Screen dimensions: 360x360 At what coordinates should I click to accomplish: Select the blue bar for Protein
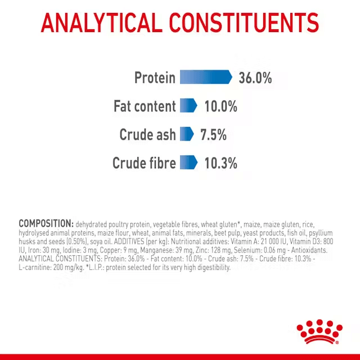point(205,77)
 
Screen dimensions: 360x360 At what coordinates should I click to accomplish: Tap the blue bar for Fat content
point(188,106)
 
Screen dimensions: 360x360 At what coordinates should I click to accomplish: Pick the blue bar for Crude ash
point(186,134)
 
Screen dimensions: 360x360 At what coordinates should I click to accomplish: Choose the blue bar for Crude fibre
point(188,163)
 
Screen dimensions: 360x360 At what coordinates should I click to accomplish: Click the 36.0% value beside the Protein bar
point(255,78)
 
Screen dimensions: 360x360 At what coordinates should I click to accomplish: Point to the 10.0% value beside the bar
point(220,106)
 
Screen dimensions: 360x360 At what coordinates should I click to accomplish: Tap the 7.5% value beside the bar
point(213,135)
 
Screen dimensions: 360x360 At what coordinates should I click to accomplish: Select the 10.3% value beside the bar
point(220,164)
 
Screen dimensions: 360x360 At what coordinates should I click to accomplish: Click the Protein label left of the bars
point(155,78)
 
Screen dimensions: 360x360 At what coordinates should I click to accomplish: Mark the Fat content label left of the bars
point(145,106)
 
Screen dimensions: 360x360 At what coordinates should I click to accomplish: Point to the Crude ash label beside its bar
point(147,135)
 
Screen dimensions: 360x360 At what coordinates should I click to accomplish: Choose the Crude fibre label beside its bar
point(144,164)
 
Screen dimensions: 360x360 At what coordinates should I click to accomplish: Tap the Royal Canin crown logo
point(318,332)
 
